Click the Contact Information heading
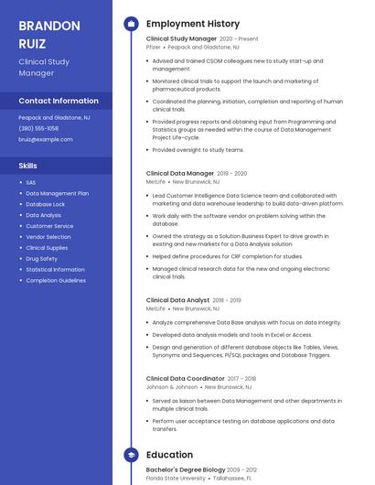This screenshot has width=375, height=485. tap(59, 101)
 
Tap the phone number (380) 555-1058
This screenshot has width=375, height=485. tap(38, 128)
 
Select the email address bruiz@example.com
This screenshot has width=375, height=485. tap(46, 139)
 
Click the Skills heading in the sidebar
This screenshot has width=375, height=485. tap(28, 166)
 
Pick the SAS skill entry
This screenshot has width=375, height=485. tap(31, 182)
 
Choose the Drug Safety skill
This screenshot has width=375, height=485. tap(41, 259)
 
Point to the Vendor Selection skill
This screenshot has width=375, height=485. tap(48, 237)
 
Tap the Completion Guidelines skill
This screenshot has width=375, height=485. tap(55, 281)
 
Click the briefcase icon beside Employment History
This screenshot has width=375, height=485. tap(131, 24)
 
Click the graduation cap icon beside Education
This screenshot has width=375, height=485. tap(131, 455)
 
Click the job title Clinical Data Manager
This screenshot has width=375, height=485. tap(180, 173)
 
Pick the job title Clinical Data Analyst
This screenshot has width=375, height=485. tap(177, 300)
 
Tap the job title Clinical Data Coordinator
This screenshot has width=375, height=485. tap(185, 378)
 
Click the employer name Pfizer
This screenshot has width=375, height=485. tap(154, 47)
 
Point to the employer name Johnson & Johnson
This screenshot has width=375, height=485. tap(172, 387)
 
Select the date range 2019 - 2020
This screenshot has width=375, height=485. tap(233, 173)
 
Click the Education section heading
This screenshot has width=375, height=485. tap(169, 455)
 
